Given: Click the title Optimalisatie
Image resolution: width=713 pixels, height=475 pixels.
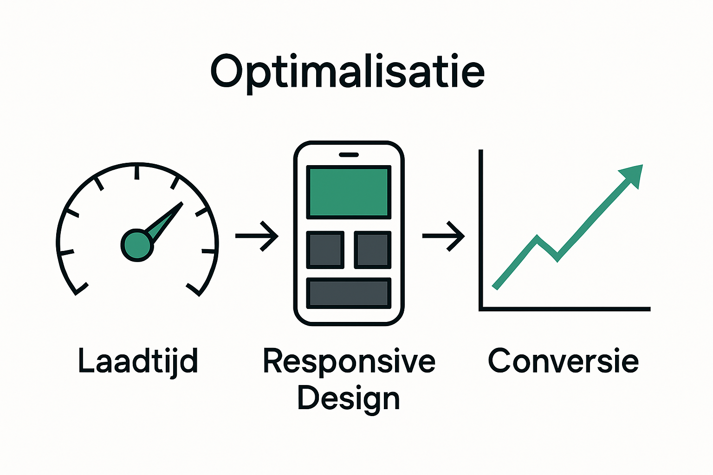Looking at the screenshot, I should [x=348, y=72].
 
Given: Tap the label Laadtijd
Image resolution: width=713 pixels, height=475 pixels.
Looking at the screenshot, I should [x=138, y=361].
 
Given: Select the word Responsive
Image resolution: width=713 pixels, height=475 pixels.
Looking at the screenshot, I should [x=349, y=361].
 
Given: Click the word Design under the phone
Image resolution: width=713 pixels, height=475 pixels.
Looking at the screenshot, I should [x=348, y=398].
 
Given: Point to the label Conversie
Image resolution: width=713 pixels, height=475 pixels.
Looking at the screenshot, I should [x=563, y=361].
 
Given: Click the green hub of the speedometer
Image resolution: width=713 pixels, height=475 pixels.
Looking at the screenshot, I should [x=136, y=245].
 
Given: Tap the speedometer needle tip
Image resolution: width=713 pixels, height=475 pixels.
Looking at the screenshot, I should [x=181, y=204].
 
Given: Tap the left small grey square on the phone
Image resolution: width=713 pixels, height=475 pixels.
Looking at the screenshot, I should [x=325, y=250].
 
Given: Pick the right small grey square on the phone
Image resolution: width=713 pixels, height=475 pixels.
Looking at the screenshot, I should [x=372, y=250].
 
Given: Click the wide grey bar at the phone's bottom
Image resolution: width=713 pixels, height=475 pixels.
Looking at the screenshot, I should [x=349, y=293].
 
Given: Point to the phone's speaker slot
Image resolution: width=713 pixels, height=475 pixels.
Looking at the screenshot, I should [x=349, y=154].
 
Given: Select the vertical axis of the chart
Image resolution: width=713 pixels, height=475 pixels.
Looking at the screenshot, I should [x=481, y=227].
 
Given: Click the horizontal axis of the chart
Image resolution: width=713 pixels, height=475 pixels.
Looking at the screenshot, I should [x=564, y=308].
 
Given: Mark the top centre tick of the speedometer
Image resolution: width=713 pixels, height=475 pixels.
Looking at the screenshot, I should [x=137, y=171].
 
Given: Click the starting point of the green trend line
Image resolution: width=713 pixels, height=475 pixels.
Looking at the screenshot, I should [x=495, y=287].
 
